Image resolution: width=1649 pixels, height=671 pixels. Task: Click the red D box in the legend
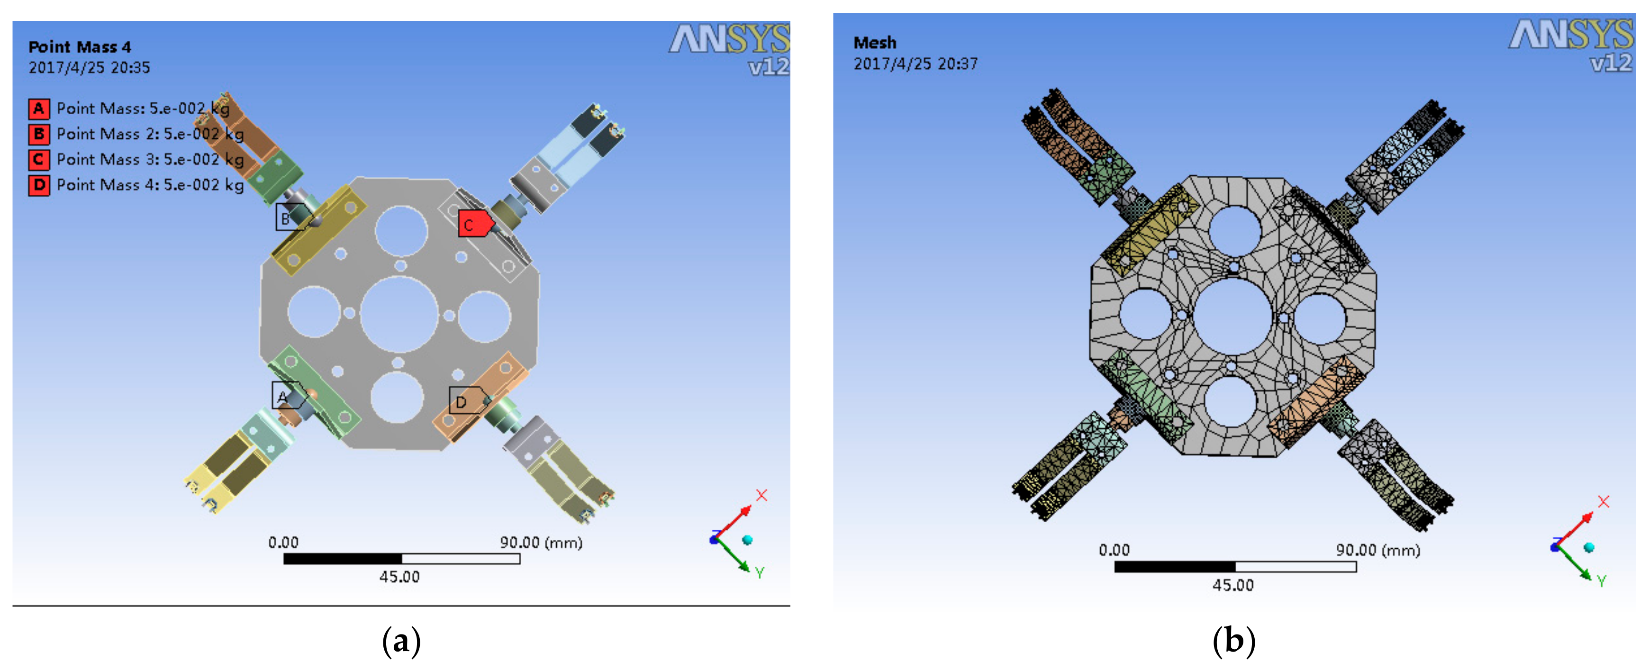click(39, 185)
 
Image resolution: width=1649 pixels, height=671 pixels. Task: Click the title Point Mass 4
click(80, 47)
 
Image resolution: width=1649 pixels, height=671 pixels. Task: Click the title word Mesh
click(874, 43)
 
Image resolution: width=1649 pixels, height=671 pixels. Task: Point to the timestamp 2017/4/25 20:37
click(915, 64)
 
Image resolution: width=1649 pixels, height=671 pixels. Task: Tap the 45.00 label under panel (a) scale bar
click(399, 577)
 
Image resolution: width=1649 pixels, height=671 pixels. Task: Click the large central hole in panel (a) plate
click(399, 314)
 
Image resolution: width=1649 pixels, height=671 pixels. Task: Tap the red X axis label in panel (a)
click(761, 495)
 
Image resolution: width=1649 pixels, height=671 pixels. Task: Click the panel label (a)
click(401, 641)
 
